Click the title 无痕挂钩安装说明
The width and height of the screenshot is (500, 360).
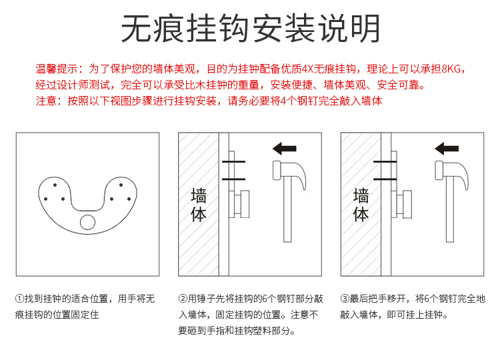click(251, 29)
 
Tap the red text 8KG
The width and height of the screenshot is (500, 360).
click(451, 69)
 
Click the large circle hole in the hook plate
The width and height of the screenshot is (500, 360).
click(87, 222)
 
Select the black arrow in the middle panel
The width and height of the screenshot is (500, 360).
click(285, 148)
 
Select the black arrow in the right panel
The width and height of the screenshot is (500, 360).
click(447, 148)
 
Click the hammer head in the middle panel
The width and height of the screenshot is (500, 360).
click(289, 172)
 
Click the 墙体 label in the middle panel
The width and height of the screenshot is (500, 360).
click(199, 205)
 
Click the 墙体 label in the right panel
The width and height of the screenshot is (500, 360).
click(361, 205)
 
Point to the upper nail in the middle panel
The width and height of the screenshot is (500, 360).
click(233, 162)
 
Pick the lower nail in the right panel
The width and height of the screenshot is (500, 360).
click(385, 179)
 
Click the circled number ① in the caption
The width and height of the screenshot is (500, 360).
click(19, 299)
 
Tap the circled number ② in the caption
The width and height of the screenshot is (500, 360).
click(183, 299)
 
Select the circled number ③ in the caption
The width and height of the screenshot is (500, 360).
click(345, 299)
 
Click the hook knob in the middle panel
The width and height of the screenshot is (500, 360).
click(245, 204)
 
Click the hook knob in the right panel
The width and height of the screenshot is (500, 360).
click(407, 204)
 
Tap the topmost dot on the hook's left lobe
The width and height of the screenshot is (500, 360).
click(55, 185)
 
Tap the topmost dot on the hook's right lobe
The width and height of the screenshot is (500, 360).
click(121, 185)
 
